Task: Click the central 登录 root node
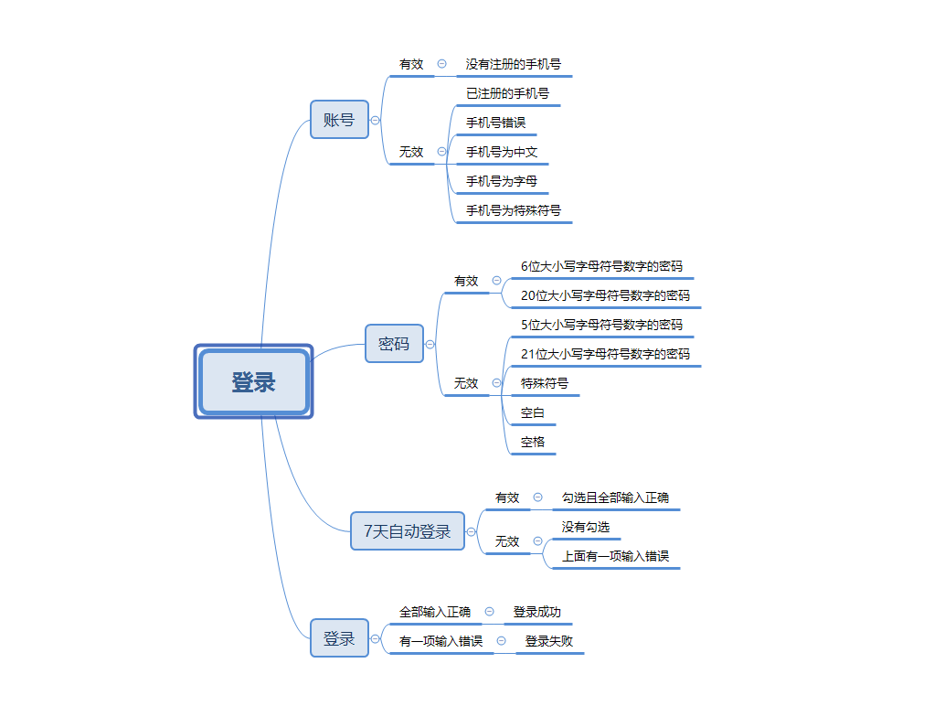253,381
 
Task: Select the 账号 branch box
339,120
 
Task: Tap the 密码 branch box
394,344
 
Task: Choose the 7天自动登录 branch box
408,531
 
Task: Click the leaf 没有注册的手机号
513,65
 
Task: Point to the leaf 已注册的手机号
507,93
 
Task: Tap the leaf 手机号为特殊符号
513,210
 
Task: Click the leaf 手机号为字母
502,181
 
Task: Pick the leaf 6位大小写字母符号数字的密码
601,266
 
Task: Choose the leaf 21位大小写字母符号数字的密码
605,354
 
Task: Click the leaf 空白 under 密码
532,412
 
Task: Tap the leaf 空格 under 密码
532,442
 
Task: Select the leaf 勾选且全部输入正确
615,497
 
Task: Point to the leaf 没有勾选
585,527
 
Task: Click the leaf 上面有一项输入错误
615,556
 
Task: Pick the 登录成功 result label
536,612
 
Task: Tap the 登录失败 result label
548,641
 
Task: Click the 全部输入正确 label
434,612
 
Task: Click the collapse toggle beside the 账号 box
376,120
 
